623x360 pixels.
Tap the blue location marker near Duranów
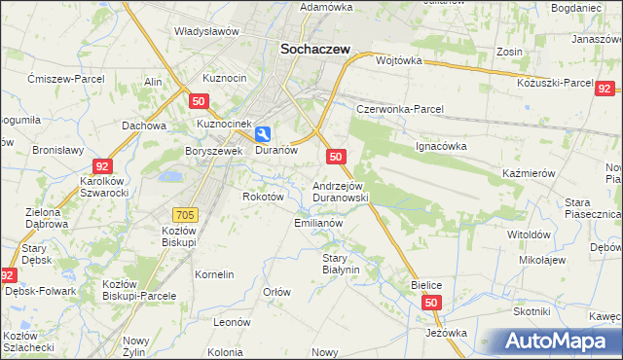point(264,136)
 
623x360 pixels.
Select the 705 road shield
point(185,213)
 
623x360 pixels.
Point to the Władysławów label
point(206,31)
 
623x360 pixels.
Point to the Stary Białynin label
point(342,264)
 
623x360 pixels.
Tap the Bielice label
point(426,283)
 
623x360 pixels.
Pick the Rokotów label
point(263,196)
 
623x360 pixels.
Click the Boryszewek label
point(213,151)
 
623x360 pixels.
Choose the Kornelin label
point(214,274)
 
